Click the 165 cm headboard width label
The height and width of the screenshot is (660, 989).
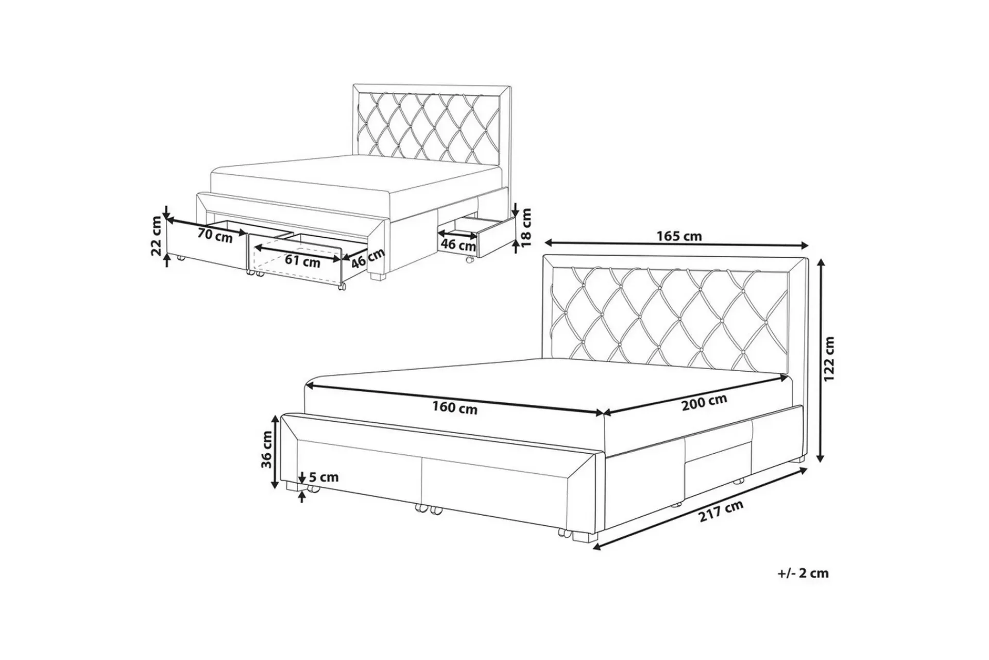tap(679, 236)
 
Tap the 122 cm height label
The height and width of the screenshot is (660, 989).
tap(829, 359)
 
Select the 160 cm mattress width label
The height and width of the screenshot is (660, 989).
tap(454, 408)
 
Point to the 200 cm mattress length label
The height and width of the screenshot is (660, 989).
tap(704, 402)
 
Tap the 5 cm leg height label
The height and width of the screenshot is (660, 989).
tap(323, 477)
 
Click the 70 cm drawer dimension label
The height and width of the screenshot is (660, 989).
tap(215, 236)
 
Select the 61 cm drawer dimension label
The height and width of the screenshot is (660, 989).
tap(302, 261)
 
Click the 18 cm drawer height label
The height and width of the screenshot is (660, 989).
tap(526, 227)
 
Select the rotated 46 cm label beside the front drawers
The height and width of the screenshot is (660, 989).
tap(368, 258)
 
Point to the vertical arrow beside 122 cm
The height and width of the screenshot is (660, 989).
tap(822, 359)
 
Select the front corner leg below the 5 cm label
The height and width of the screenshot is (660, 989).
tap(292, 486)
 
